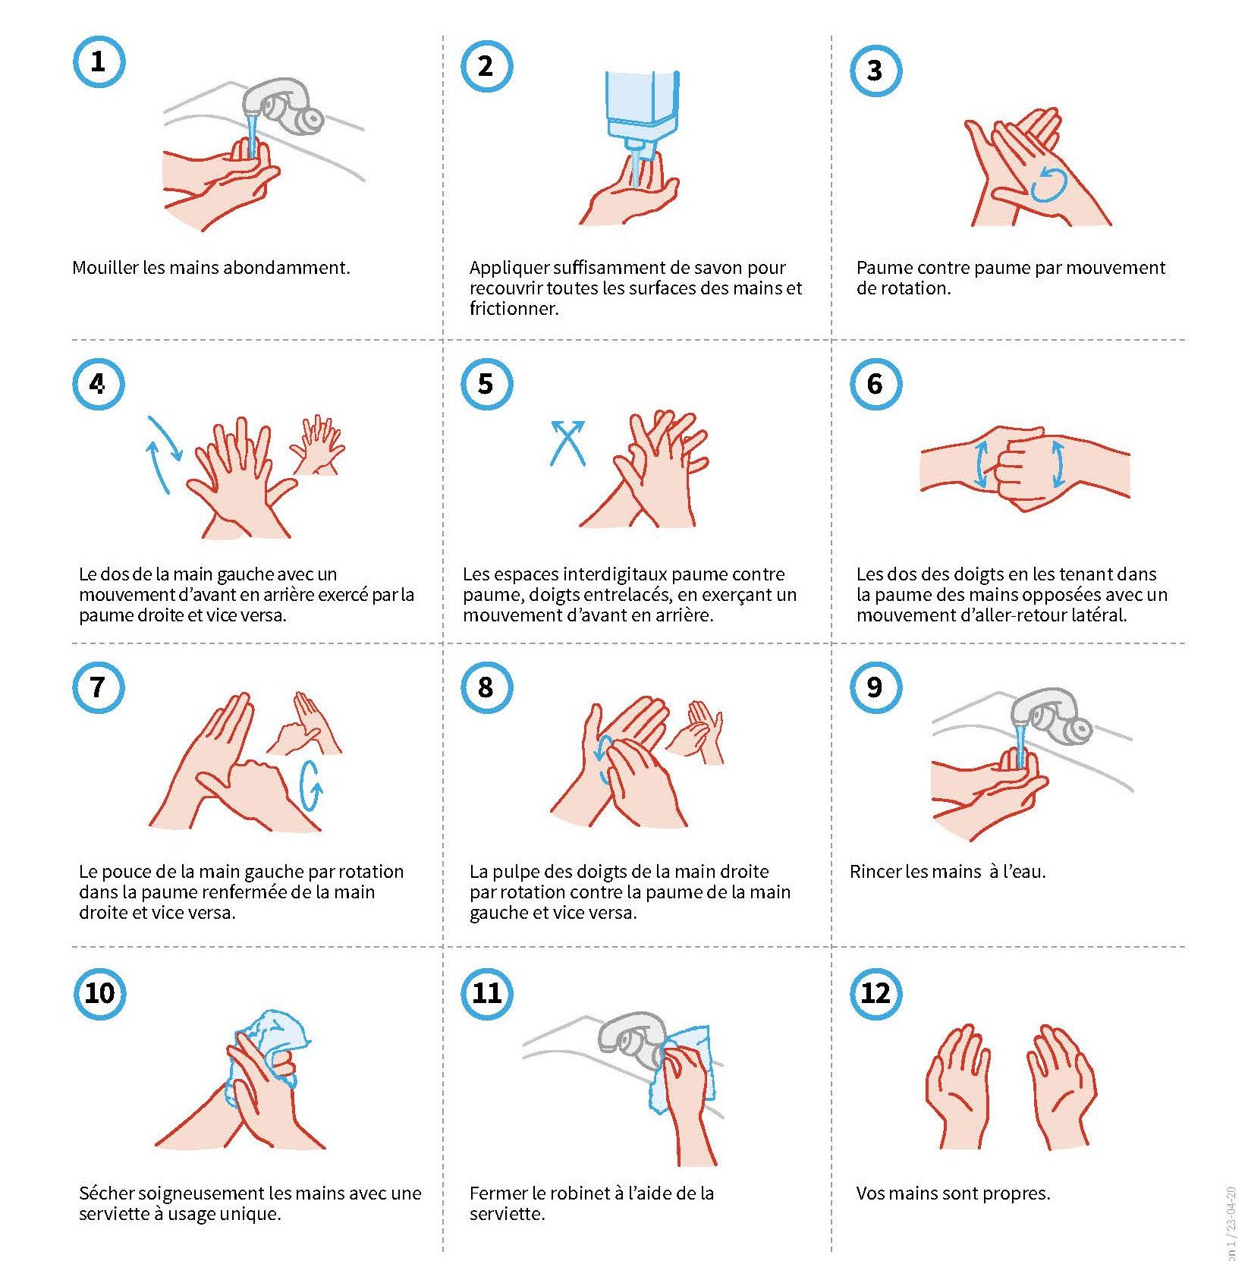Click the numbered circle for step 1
pos(99,61)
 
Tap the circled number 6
pos(875,384)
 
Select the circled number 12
pos(875,993)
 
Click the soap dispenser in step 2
pos(642,114)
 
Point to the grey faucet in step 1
pos(282,105)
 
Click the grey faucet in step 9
pos(1052,716)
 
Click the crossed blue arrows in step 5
pos(567,442)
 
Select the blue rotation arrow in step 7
pos(311,785)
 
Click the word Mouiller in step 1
pos(105,268)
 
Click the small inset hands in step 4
pos(317,445)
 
